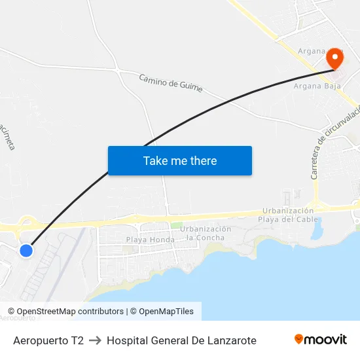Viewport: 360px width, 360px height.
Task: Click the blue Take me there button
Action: click(180, 161)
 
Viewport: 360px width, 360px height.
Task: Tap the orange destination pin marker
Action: click(334, 58)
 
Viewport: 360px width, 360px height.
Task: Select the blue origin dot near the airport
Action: click(26, 251)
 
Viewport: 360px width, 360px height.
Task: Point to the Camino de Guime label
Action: click(171, 82)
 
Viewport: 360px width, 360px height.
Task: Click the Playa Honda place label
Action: click(151, 240)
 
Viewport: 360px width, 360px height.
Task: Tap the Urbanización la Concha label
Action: click(206, 233)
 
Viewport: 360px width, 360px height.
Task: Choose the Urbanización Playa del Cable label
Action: click(288, 215)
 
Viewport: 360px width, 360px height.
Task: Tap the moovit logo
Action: click(320, 339)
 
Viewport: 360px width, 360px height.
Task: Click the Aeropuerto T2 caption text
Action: click(48, 340)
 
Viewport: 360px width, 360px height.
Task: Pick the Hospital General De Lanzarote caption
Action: click(181, 340)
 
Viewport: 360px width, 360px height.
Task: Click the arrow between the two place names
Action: click(95, 340)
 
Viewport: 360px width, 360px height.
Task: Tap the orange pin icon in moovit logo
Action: click(299, 339)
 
